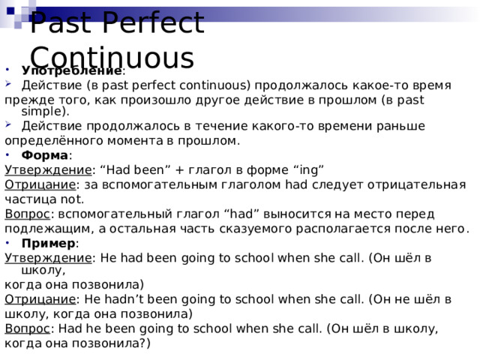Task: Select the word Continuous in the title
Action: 112,58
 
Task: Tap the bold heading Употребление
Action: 71,70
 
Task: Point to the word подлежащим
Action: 39,228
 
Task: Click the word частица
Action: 28,199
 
